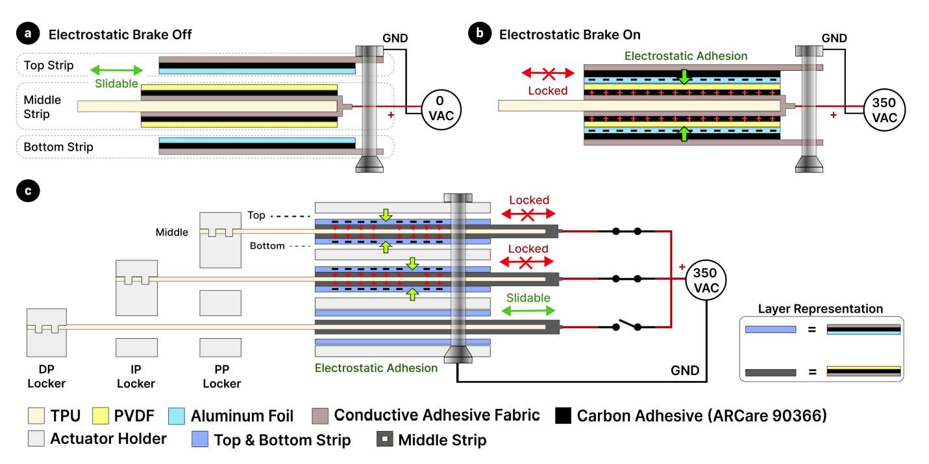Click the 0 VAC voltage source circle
pyautogui.click(x=441, y=110)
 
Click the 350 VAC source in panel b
pyautogui.click(x=884, y=110)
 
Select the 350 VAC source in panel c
pyautogui.click(x=706, y=280)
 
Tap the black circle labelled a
pyautogui.click(x=28, y=33)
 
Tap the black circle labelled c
pyautogui.click(x=28, y=191)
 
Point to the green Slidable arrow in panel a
pyautogui.click(x=117, y=70)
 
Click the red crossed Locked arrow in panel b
pyautogui.click(x=548, y=73)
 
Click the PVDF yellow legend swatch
pyautogui.click(x=101, y=415)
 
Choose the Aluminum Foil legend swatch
pyautogui.click(x=177, y=416)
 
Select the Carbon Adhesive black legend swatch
pyautogui.click(x=564, y=415)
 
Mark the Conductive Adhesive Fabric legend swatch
pyautogui.click(x=320, y=415)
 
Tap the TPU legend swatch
pyautogui.click(x=36, y=415)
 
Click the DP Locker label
pyautogui.click(x=47, y=376)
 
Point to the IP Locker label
pyautogui.click(x=136, y=376)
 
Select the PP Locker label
pyautogui.click(x=222, y=376)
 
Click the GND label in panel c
pyautogui.click(x=685, y=371)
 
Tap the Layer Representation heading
pyautogui.click(x=821, y=308)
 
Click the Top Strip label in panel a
pyautogui.click(x=49, y=65)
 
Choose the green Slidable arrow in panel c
pyautogui.click(x=528, y=311)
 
